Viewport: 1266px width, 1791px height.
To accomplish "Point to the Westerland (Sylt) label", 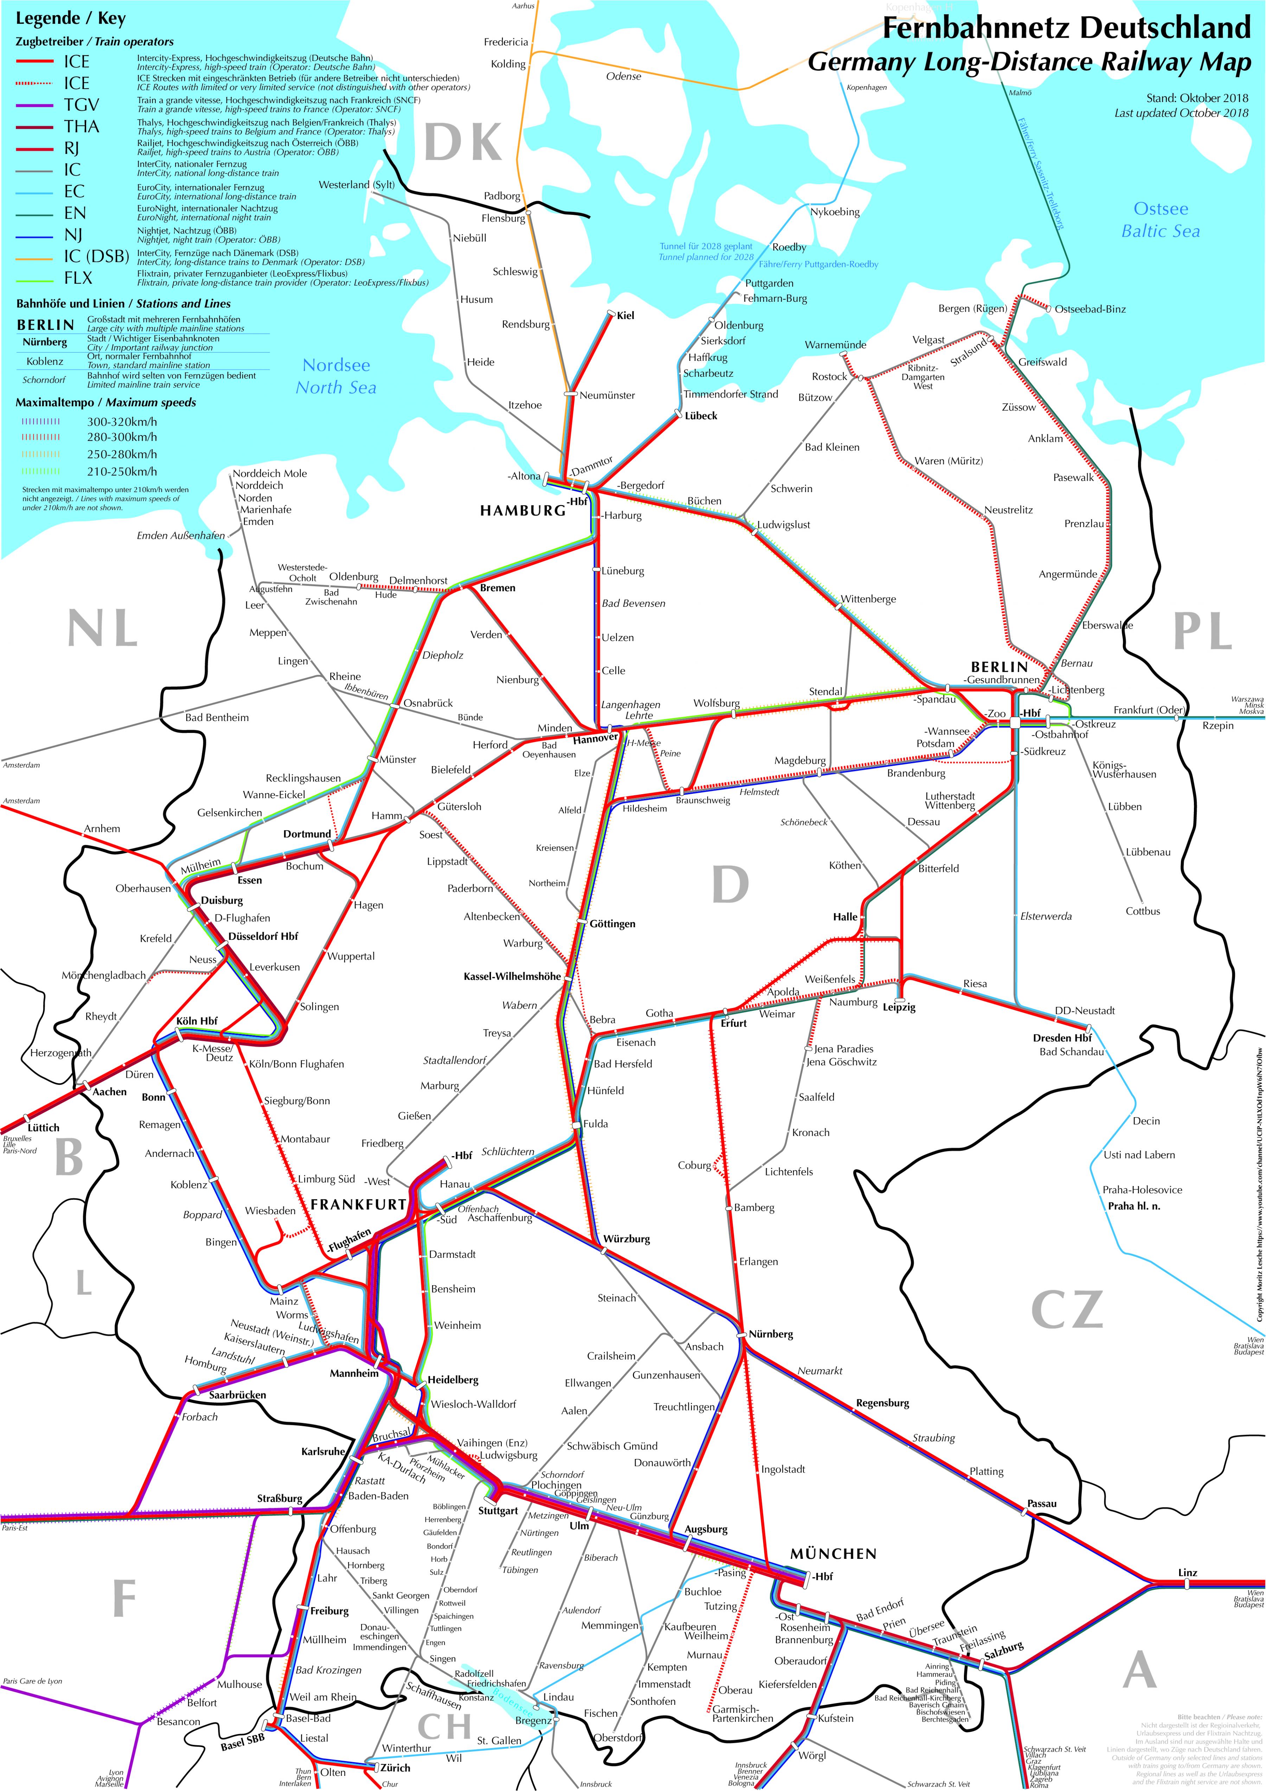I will coord(357,185).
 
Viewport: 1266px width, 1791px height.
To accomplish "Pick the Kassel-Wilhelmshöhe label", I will coord(512,977).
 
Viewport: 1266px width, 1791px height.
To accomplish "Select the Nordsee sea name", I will coord(336,365).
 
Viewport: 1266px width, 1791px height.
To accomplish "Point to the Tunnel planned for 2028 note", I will coord(706,257).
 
